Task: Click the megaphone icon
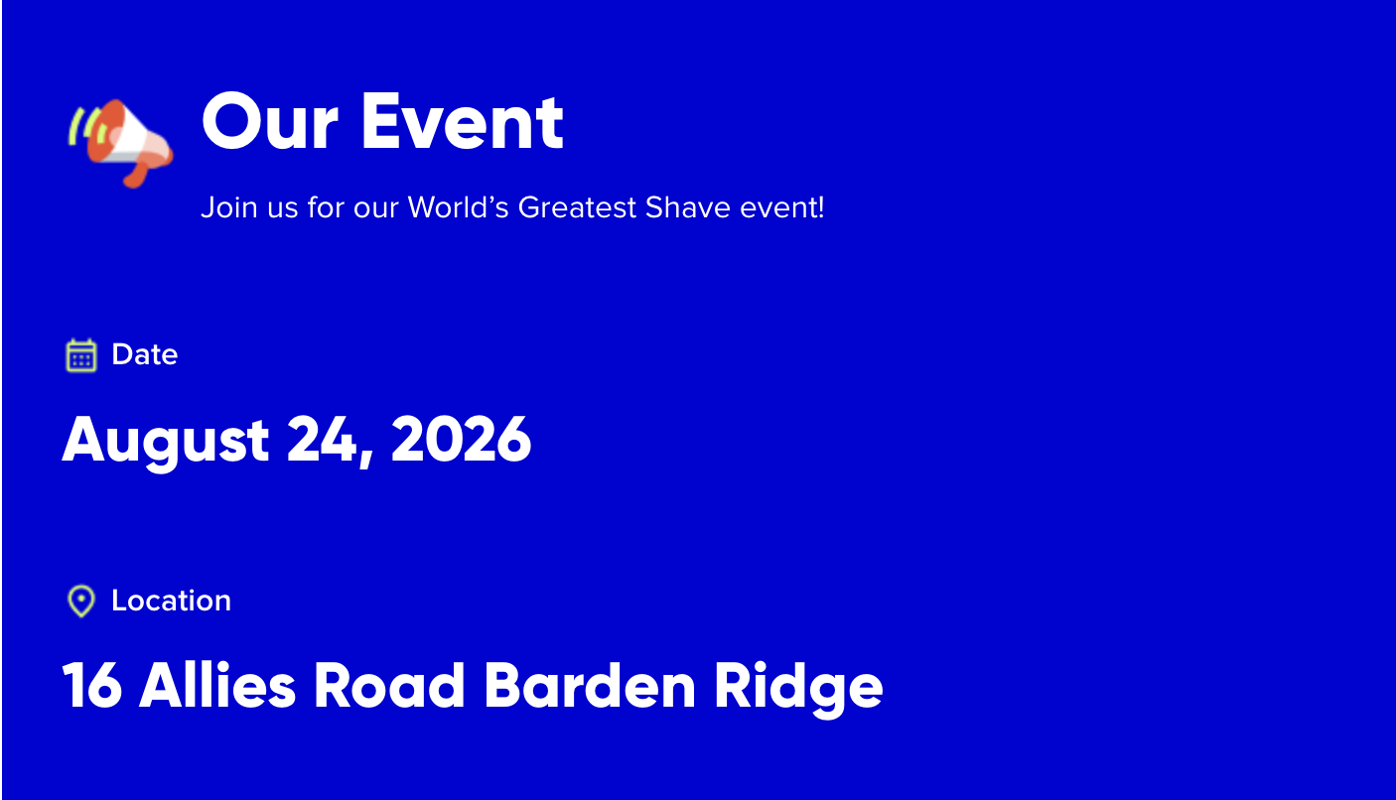120,143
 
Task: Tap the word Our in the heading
270,121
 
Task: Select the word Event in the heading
463,121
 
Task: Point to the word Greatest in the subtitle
577,207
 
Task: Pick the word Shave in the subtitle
687,207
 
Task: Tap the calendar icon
81,355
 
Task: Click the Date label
145,354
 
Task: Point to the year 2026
461,439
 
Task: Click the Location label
172,600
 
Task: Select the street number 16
92,685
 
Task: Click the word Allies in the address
216,684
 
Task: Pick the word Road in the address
389,684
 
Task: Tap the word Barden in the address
590,684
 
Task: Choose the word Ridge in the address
798,689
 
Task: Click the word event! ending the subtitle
782,207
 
